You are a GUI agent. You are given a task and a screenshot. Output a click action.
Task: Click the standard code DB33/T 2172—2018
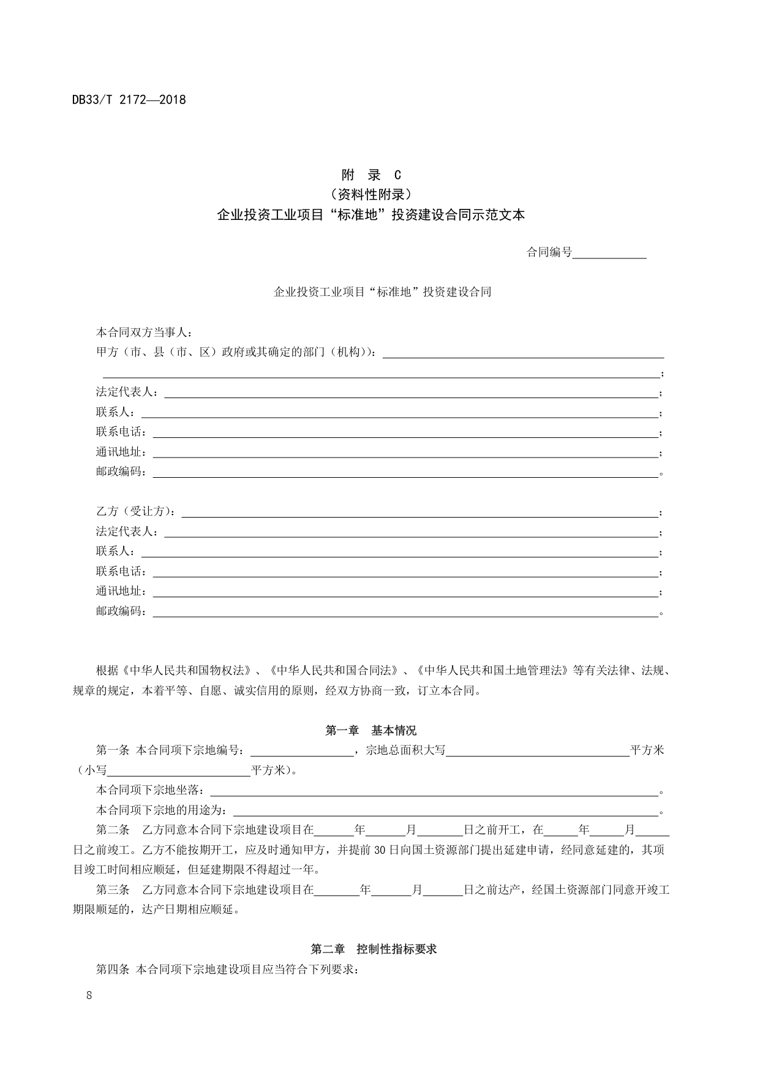click(129, 99)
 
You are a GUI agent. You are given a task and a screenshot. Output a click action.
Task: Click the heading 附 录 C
click(371, 175)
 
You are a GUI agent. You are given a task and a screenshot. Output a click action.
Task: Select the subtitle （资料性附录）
click(371, 195)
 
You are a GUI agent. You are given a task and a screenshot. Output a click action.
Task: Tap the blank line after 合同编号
click(609, 252)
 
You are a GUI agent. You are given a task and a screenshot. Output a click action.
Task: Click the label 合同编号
click(549, 252)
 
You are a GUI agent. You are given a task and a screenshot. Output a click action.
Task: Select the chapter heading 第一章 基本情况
click(371, 730)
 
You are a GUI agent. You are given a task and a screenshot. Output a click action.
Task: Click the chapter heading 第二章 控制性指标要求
click(374, 949)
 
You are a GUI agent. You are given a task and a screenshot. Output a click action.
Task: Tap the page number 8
click(89, 995)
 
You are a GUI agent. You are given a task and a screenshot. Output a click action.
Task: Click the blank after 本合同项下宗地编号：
click(302, 750)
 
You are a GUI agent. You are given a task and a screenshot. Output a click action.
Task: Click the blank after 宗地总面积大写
click(538, 750)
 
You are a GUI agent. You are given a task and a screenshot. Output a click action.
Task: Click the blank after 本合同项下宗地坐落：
click(434, 790)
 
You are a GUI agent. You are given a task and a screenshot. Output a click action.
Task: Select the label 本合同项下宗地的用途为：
click(164, 810)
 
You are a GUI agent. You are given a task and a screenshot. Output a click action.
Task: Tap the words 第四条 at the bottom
click(113, 969)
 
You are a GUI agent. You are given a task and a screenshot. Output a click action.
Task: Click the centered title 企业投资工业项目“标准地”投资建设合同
click(382, 292)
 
